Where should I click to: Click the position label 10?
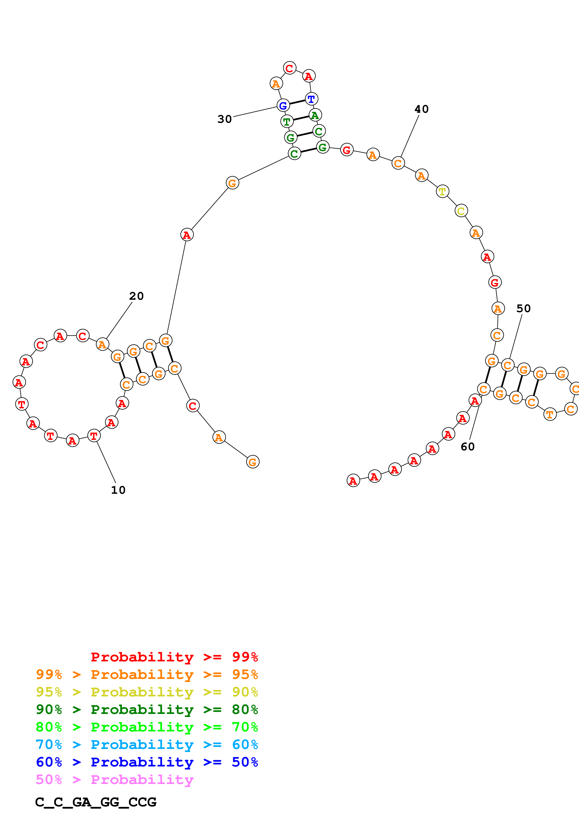click(x=118, y=490)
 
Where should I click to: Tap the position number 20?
click(x=136, y=296)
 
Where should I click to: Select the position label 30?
click(x=224, y=119)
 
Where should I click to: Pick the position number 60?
click(x=467, y=447)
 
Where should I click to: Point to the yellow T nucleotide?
click(x=442, y=191)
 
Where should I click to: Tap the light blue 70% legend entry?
click(x=147, y=745)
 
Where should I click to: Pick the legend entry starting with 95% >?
click(x=147, y=692)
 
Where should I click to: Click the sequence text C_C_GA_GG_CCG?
click(x=96, y=802)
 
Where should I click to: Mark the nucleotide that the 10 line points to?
click(x=94, y=436)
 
